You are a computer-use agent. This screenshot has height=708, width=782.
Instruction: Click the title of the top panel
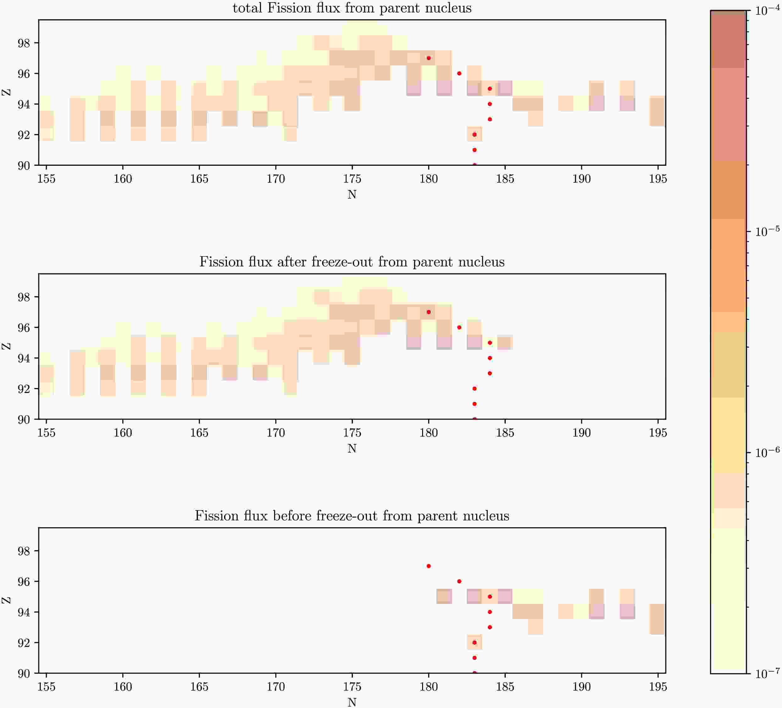[352, 8]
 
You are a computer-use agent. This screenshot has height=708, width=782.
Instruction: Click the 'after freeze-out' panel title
[352, 262]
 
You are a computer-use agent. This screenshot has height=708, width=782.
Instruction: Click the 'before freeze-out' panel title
[352, 516]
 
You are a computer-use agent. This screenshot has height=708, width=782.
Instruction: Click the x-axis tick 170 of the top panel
[275, 179]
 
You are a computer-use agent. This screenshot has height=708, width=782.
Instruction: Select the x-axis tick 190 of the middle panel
[581, 433]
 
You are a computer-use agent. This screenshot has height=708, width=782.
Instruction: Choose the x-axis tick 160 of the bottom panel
[123, 687]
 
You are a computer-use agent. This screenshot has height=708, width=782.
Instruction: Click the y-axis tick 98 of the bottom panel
[24, 551]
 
